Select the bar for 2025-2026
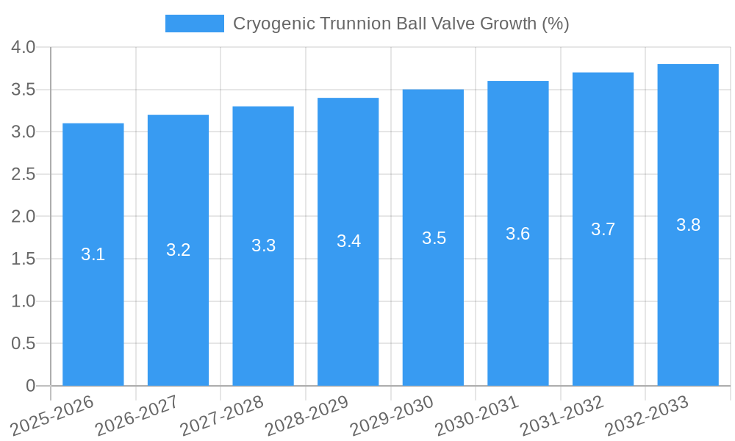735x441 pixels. (x=93, y=294)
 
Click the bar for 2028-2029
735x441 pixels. (x=348, y=294)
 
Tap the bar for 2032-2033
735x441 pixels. (x=688, y=294)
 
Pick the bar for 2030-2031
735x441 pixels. (x=517, y=294)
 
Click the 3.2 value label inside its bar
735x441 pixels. (x=178, y=250)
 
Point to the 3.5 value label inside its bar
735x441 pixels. (x=434, y=238)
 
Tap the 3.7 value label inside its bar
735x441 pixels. (x=603, y=229)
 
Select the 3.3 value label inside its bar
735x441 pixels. (x=263, y=245)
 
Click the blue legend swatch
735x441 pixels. (x=194, y=24)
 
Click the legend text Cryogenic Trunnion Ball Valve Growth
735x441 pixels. (x=401, y=24)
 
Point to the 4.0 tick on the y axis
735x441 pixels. (x=24, y=48)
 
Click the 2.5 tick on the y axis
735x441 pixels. (x=24, y=175)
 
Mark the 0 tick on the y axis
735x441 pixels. (x=30, y=386)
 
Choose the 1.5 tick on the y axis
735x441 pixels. (x=24, y=259)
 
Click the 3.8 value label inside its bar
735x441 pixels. (x=688, y=225)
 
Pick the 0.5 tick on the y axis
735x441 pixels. (x=24, y=344)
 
